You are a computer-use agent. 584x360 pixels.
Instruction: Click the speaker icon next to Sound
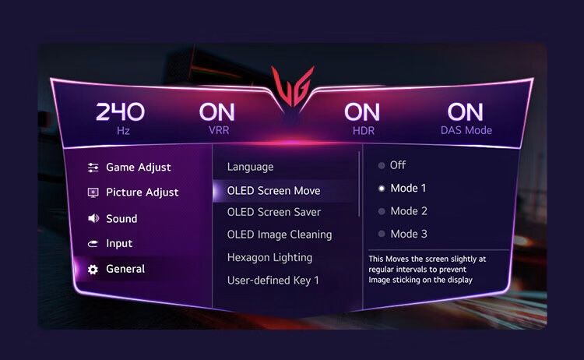(93, 218)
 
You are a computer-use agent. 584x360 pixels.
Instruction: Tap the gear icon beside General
(93, 270)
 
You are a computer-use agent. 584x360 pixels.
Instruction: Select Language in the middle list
(250, 167)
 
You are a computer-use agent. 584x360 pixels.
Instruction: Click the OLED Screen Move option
(274, 191)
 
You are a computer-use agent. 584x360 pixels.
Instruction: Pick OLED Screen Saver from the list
(274, 212)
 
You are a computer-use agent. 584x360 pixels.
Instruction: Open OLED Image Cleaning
(280, 235)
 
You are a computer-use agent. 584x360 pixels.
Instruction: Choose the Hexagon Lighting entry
(269, 257)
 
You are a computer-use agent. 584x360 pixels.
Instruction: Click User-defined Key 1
(273, 281)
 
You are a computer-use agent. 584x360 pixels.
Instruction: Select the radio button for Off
(382, 165)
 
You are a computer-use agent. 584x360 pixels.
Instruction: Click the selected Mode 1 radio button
(382, 189)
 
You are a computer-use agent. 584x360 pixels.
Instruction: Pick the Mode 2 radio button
(382, 211)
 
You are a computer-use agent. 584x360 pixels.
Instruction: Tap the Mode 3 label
(409, 234)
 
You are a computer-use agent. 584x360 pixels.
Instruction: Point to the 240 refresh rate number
(120, 111)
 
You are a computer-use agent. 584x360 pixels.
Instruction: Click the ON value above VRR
(216, 111)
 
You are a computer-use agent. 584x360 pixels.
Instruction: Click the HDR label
(363, 131)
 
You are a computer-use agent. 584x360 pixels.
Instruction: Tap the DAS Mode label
(466, 130)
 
